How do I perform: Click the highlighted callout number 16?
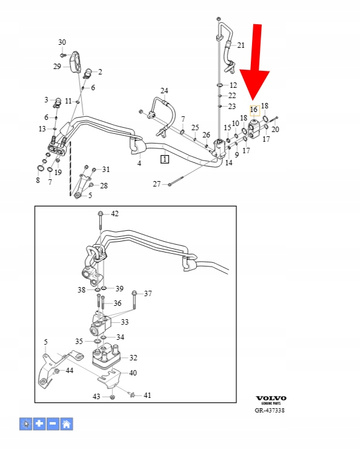(x=253, y=109)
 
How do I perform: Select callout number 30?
(x=62, y=42)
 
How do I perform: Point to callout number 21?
(x=240, y=46)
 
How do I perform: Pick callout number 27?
(x=157, y=184)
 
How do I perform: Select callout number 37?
(x=147, y=293)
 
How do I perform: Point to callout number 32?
(x=134, y=357)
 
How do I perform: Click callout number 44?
(x=69, y=370)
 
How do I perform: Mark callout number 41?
(x=147, y=395)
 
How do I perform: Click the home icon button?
(x=65, y=424)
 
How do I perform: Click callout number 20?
(x=276, y=129)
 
